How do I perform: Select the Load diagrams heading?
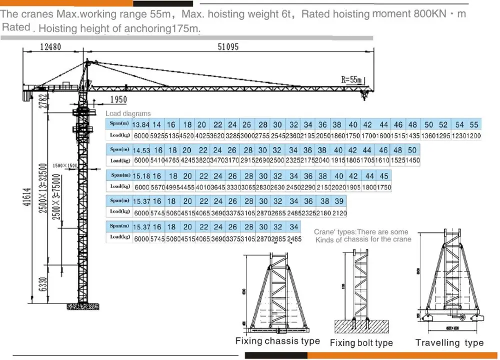127,113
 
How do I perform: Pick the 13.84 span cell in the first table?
141,125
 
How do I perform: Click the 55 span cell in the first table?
474,125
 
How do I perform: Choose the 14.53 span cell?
141,150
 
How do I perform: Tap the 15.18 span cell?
142,176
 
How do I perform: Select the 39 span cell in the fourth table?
339,201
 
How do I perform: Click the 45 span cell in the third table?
384,176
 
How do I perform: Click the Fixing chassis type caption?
277,341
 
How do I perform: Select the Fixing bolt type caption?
361,343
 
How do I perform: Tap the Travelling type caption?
449,342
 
